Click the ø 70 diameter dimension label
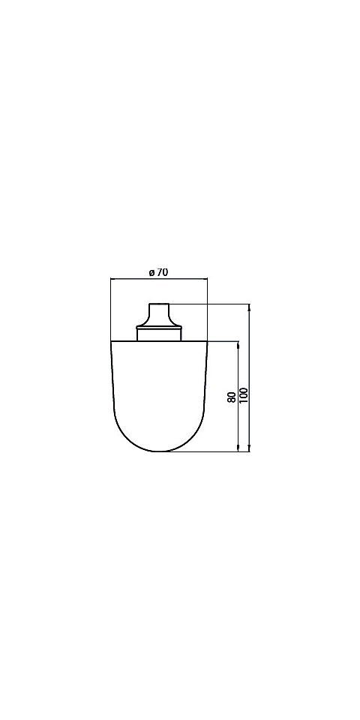click(x=158, y=272)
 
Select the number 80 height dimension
click(x=232, y=397)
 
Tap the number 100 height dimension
click(x=243, y=395)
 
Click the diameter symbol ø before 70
click(x=151, y=273)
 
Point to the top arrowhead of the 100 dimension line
click(x=249, y=307)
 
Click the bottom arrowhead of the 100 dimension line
click(x=249, y=448)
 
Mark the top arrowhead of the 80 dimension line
click(x=238, y=345)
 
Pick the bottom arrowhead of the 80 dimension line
click(x=238, y=448)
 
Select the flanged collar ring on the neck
click(x=159, y=328)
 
